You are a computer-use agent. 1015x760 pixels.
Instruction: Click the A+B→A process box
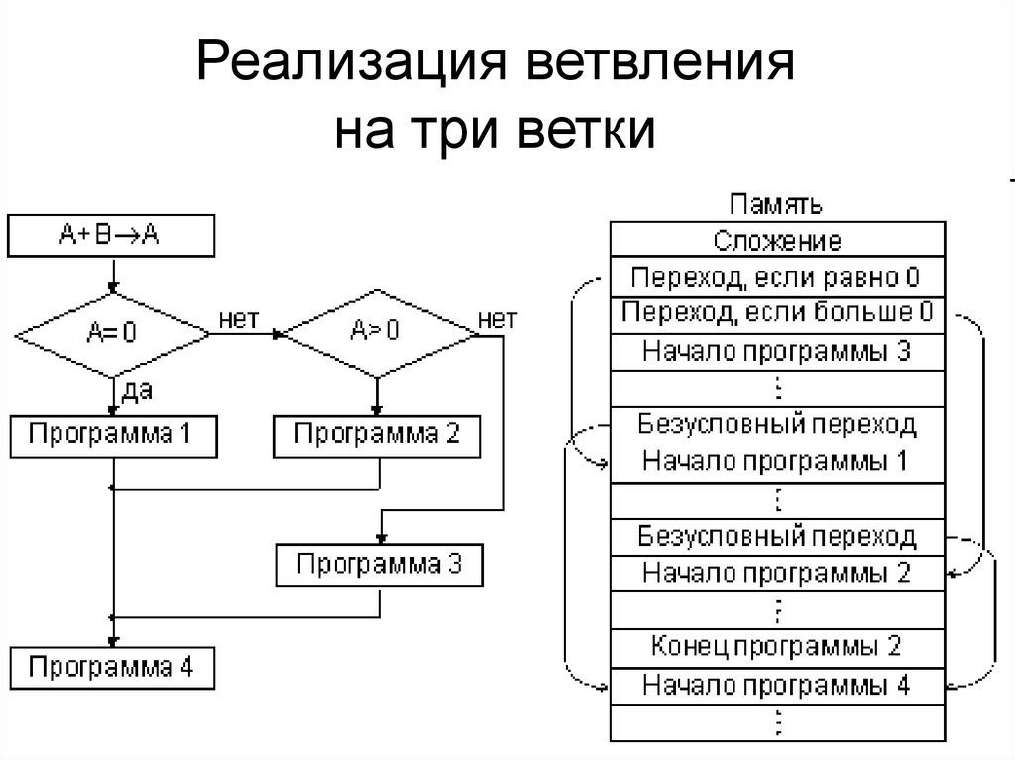click(x=110, y=235)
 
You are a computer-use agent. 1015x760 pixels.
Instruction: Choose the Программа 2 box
click(x=378, y=436)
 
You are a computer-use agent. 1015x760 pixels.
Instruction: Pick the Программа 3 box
click(x=380, y=565)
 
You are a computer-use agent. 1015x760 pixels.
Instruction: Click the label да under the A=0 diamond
click(x=136, y=391)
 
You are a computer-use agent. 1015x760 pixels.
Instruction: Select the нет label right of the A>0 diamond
click(x=497, y=318)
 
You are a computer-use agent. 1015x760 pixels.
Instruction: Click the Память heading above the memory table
click(x=776, y=205)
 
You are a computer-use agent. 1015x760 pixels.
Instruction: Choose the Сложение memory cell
click(x=776, y=241)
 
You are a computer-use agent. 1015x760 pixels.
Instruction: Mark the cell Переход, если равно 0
click(x=776, y=276)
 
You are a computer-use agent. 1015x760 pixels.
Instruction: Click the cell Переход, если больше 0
click(x=776, y=314)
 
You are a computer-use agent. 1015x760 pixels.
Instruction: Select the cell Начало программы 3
click(x=776, y=351)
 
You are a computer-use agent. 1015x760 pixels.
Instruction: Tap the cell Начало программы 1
click(x=776, y=461)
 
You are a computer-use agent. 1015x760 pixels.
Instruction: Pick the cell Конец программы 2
click(x=776, y=646)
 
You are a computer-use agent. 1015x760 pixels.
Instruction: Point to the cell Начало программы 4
click(x=776, y=684)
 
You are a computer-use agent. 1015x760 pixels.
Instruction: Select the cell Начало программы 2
click(x=776, y=572)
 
